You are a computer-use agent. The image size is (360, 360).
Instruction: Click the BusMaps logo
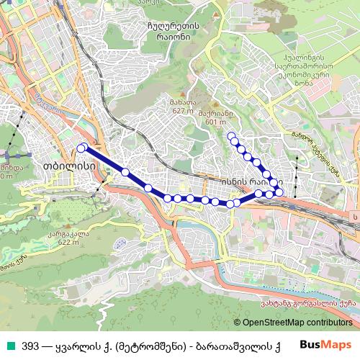pos(325,345)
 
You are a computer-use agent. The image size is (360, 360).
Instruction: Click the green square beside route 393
pos(9,346)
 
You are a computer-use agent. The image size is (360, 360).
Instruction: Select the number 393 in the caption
pos(30,346)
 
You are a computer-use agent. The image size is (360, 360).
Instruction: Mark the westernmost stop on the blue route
pos(81,148)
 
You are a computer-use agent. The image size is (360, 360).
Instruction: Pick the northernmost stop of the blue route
pos(231,135)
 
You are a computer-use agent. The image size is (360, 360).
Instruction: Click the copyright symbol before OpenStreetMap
pos(238,322)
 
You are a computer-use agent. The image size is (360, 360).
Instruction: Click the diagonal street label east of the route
pos(315,150)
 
